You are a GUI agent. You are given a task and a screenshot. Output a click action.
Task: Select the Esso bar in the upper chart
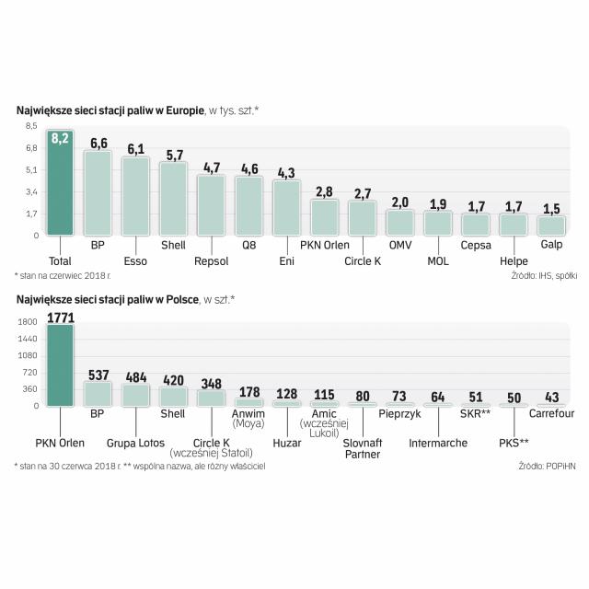pos(135,195)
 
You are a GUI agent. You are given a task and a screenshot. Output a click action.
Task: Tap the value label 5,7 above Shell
pos(173,155)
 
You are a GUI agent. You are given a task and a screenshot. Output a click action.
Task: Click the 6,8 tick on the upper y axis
pos(31,147)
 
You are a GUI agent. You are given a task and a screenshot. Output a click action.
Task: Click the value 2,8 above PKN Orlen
pos(323,191)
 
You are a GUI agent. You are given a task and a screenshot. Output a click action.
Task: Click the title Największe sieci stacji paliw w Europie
pos(110,110)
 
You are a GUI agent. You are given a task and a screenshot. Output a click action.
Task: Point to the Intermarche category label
pos(438,443)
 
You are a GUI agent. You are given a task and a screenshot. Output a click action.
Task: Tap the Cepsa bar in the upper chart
pos(476,224)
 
